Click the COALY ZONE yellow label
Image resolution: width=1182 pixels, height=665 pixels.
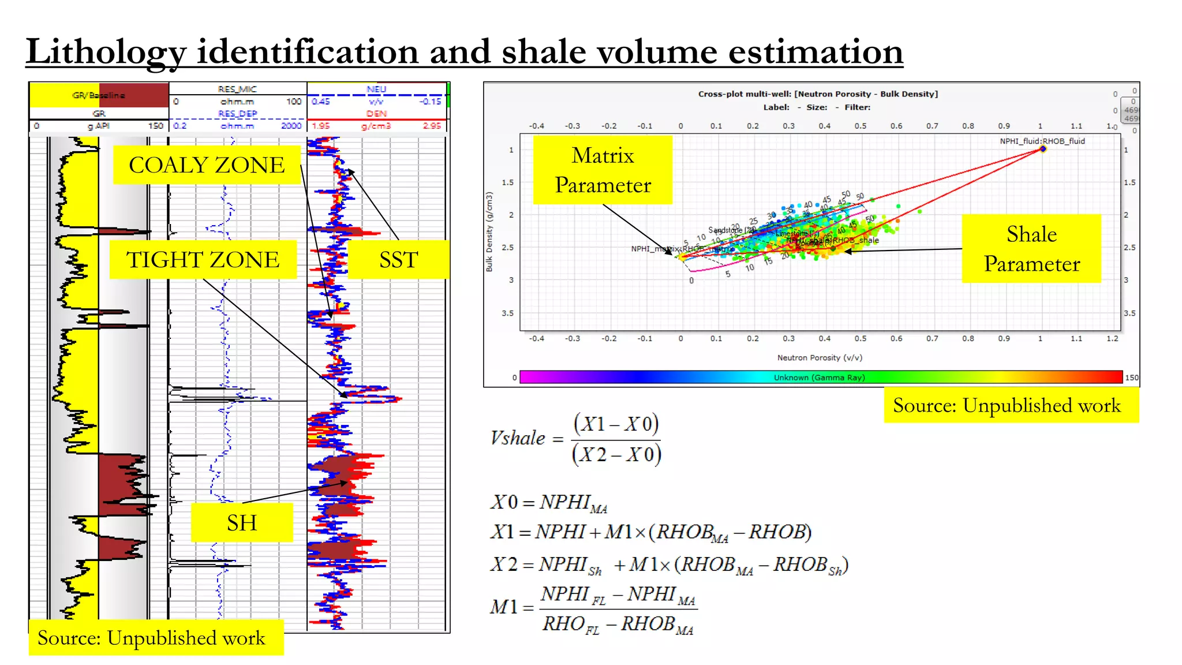coord(207,165)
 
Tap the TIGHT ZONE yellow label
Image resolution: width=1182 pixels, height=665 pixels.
coord(203,260)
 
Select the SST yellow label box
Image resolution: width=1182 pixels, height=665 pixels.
coord(398,260)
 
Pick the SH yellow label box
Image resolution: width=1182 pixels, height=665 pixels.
coord(241,522)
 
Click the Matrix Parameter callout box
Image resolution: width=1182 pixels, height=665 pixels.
coord(603,170)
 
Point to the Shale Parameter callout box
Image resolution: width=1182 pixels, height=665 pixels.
coord(1031,248)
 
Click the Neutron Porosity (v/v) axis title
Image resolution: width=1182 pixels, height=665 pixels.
coord(820,357)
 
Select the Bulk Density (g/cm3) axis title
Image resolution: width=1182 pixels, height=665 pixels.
coord(489,231)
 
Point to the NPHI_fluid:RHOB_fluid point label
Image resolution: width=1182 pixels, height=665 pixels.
coord(1042,141)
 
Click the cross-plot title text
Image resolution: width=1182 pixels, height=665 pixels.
coord(818,94)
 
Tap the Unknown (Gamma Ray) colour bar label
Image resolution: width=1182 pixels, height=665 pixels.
coord(819,378)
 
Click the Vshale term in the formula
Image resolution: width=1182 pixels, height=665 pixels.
coord(518,438)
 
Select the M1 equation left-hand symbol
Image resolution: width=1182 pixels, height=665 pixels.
coord(503,607)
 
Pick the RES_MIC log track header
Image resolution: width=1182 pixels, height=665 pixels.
coord(237,89)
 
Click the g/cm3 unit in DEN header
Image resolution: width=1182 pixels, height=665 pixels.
coord(376,126)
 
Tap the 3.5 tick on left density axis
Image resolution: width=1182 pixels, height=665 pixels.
coord(507,313)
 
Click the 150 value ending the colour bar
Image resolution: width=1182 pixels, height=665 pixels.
coord(1131,378)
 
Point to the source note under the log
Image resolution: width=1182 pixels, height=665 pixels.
coord(151,638)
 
